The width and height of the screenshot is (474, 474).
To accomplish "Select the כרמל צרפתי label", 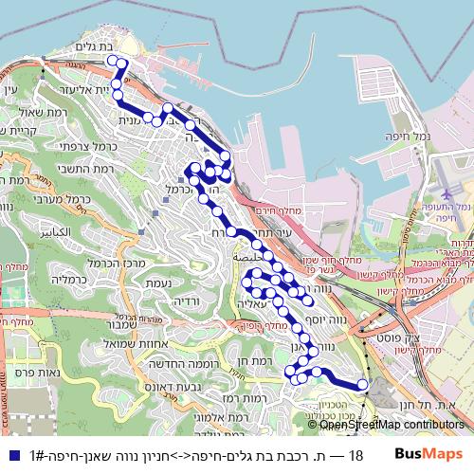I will coord(53,147).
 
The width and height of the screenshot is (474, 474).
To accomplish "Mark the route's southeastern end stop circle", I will coord(362,384).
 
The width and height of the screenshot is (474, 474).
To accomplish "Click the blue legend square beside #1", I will coord(10,455).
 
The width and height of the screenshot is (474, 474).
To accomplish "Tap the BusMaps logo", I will coord(429,455).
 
